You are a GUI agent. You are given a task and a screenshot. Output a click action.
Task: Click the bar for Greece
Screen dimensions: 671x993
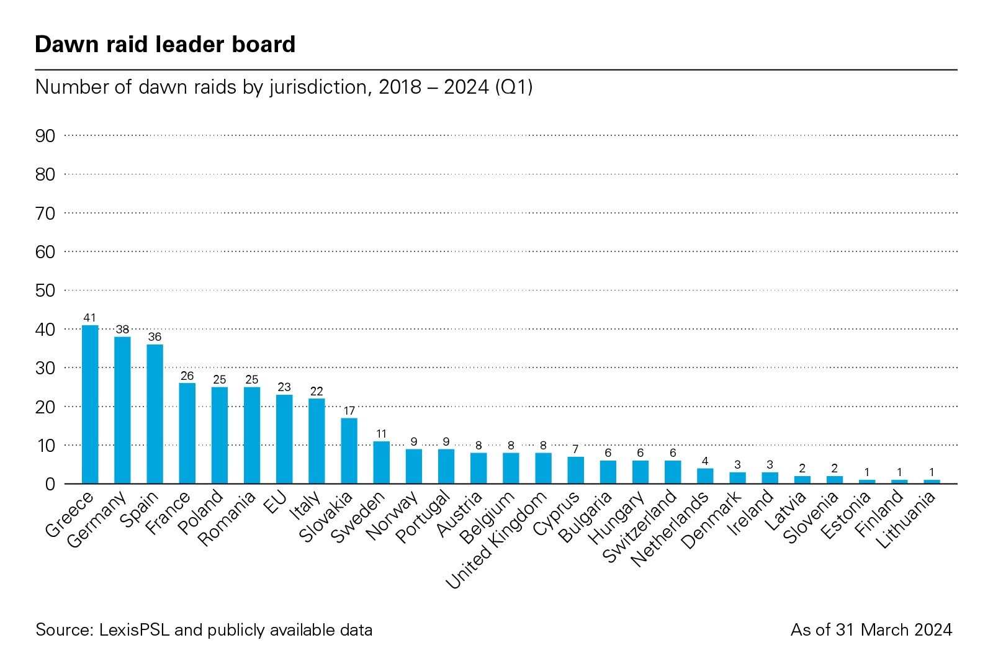(90, 404)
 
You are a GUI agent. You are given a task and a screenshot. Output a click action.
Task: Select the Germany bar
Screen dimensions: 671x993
(122, 410)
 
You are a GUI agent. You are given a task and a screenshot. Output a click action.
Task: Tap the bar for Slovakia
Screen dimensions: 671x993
(349, 451)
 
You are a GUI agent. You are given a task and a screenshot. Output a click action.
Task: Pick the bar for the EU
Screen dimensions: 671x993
(284, 439)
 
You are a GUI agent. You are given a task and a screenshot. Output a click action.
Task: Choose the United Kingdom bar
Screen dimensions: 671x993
(543, 468)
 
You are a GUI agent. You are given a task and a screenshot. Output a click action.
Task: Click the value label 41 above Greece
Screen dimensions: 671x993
(90, 318)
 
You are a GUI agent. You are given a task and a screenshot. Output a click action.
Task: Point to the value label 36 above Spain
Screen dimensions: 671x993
(155, 337)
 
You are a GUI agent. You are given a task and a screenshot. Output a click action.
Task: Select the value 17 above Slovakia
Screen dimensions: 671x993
(349, 411)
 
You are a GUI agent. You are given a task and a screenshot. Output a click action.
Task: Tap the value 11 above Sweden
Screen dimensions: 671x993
(381, 434)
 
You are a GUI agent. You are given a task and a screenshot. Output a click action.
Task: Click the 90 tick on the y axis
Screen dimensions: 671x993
(45, 136)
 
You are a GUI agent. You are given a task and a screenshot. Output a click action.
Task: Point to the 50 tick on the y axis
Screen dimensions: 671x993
(45, 290)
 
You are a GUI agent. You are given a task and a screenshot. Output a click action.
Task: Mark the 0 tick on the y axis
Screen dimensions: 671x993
(50, 484)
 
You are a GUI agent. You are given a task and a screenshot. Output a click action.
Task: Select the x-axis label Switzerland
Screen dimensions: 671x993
(640, 526)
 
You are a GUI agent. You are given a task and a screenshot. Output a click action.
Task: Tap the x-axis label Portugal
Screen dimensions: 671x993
(423, 516)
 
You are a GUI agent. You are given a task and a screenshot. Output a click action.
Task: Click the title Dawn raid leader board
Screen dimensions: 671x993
(165, 45)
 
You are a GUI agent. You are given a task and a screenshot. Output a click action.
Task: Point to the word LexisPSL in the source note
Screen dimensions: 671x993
(134, 630)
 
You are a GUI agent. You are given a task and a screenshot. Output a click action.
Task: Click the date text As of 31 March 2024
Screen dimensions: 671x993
(871, 630)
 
